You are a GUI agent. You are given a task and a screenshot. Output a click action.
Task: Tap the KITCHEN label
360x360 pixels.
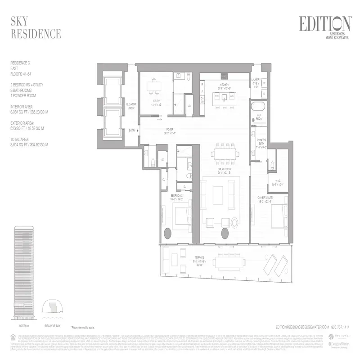coord(225,84)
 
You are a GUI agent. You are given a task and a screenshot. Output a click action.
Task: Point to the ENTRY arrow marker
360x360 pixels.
coord(138,130)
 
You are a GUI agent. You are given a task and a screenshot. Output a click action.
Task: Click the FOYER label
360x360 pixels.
coord(168,131)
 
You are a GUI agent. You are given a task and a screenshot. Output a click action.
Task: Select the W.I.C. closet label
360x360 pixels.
coord(280,182)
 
